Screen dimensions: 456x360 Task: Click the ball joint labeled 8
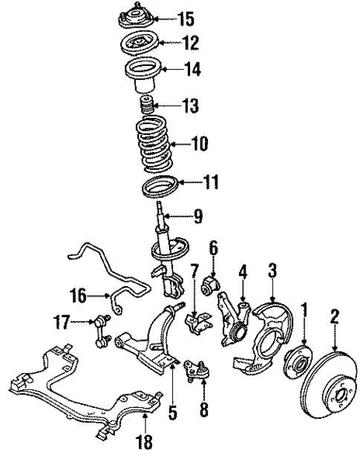pos(196,369)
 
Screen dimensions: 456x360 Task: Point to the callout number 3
pos(272,271)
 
